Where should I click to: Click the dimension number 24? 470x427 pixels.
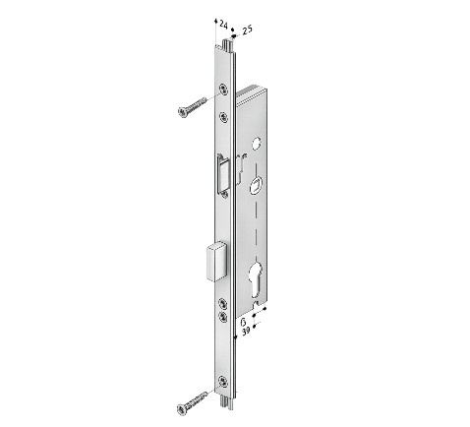pos(223,25)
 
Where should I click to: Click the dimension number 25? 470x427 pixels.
pos(247,30)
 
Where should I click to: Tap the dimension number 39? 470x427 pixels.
pos(246,331)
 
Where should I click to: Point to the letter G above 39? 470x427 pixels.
pos(244,323)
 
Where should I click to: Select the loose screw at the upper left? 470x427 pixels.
pos(192,107)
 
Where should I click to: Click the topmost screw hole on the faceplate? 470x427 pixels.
pos(224,89)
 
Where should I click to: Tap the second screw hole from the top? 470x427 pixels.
pos(224,117)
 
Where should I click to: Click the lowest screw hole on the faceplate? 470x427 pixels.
pos(223,381)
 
